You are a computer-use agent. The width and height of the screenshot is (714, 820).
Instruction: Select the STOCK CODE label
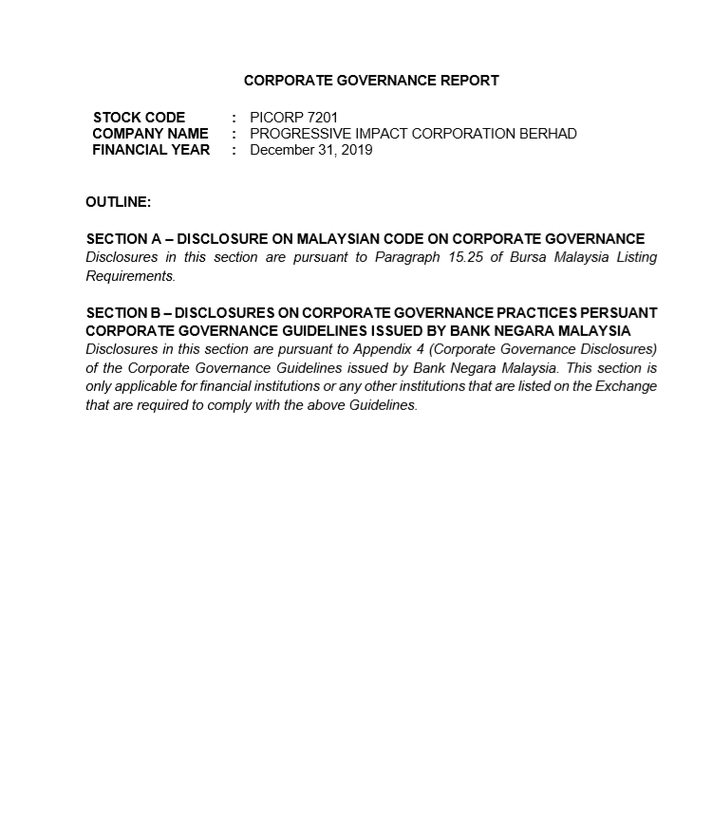(x=139, y=118)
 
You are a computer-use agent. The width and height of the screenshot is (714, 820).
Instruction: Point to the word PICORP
(x=272, y=118)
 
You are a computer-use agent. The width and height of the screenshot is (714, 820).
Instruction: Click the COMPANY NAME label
(x=150, y=134)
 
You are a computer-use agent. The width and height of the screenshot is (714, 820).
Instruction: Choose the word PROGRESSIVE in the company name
(x=295, y=134)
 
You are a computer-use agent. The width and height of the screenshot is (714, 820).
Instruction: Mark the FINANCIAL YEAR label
(x=151, y=150)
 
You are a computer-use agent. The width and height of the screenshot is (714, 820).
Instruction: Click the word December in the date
(x=281, y=150)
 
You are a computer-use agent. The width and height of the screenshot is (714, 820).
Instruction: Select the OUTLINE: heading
(x=118, y=202)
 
